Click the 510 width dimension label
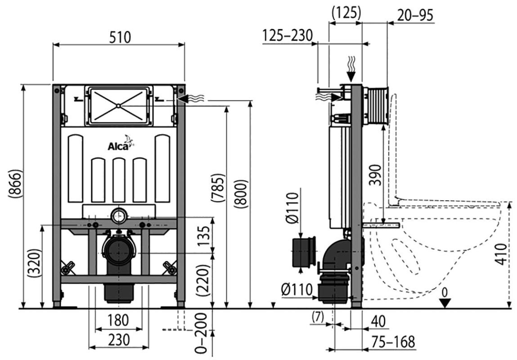(120, 37)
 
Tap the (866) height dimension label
(15, 184)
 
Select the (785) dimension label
(218, 187)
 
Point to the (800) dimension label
(241, 194)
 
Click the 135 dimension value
(204, 235)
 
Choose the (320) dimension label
(35, 263)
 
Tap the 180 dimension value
(118, 320)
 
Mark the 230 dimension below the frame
(119, 340)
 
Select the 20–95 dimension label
(415, 15)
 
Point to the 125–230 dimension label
(288, 35)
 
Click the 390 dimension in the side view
(376, 175)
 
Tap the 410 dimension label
(501, 254)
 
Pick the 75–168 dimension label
(393, 342)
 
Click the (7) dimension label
(318, 317)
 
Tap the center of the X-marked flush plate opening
(118, 106)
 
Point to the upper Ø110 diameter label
(292, 208)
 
